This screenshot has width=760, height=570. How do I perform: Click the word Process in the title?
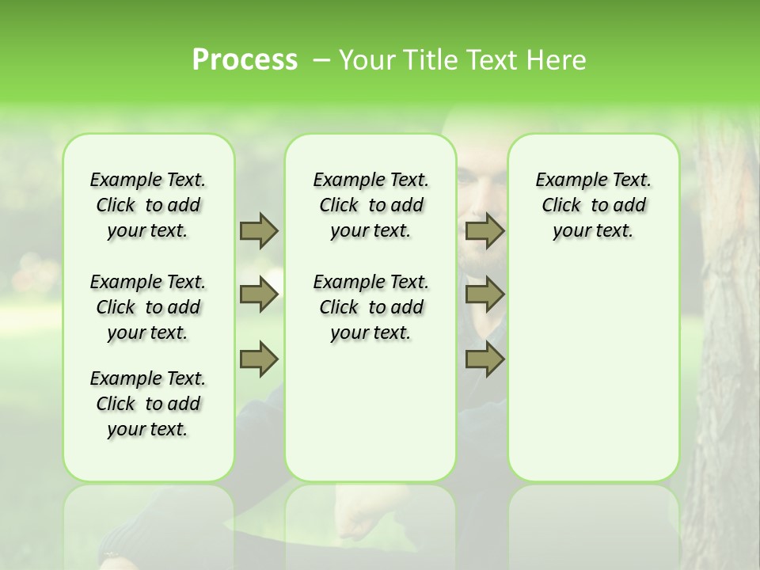245,59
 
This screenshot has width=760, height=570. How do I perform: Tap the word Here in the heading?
557,60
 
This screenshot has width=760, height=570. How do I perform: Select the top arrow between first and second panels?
259,230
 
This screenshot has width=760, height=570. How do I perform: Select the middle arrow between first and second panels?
259,295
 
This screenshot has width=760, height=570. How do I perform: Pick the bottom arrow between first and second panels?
259,359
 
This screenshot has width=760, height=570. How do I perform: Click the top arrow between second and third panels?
484,230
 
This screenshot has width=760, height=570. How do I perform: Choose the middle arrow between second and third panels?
484,295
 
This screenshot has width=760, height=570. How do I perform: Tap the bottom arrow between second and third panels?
484,359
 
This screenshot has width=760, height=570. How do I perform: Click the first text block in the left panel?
148,205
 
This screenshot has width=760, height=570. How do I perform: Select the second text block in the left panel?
148,307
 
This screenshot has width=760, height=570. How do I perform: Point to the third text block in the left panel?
148,404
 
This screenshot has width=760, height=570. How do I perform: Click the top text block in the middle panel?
370,205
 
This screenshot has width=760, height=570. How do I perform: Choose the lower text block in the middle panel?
370,307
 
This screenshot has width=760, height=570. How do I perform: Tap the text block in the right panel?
593,205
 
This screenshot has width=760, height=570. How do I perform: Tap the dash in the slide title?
320,60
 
